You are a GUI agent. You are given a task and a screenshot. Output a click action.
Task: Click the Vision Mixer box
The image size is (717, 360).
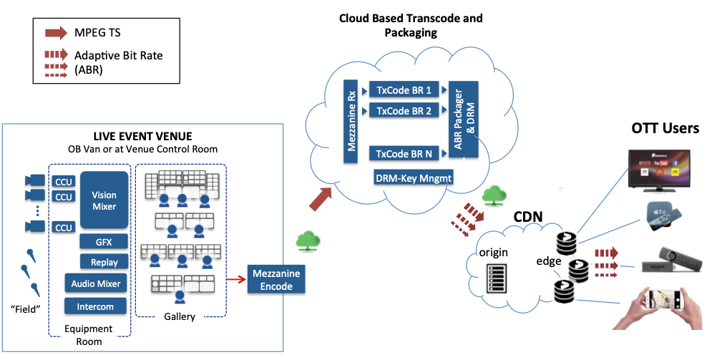[104, 200]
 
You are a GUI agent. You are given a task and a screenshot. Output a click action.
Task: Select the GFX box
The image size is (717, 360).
[104, 242]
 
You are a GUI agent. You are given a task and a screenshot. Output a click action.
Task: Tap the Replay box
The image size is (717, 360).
[104, 262]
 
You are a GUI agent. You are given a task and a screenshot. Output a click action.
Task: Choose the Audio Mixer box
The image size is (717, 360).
[96, 284]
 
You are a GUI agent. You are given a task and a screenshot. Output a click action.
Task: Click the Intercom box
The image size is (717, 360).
[96, 307]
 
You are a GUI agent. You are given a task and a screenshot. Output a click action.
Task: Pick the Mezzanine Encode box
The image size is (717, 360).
[276, 278]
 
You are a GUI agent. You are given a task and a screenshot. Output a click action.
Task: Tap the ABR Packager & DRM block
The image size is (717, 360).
[459, 120]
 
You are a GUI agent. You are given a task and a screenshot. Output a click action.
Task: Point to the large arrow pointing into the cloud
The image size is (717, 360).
[319, 198]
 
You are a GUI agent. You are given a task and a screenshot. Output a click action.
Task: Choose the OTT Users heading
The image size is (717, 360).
[665, 129]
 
